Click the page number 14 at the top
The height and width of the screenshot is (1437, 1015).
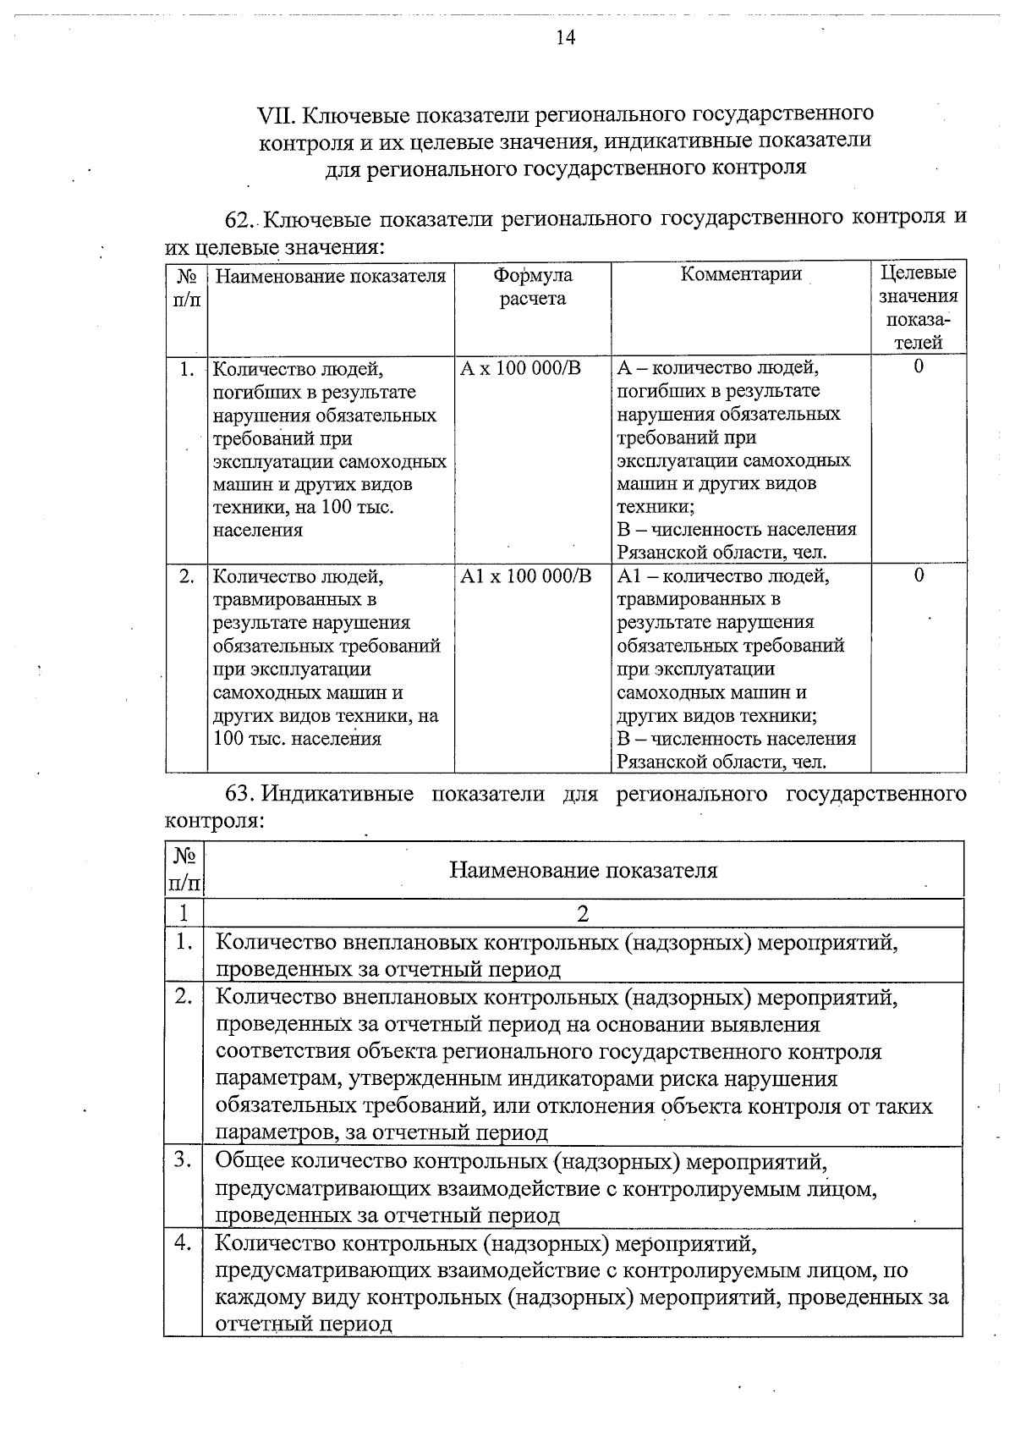(x=566, y=38)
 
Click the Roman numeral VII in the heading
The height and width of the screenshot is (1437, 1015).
(x=277, y=113)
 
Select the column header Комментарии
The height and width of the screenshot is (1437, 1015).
(x=741, y=274)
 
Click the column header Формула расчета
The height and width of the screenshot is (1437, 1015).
(x=532, y=287)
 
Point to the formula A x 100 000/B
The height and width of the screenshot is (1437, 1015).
(x=520, y=368)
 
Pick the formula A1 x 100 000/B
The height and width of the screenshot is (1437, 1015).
(x=526, y=576)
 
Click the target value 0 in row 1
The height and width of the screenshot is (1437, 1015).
(x=919, y=366)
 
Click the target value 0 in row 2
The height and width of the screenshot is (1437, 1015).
(x=919, y=575)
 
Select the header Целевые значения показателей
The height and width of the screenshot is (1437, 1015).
(x=919, y=307)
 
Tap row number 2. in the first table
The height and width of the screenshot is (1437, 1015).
(x=187, y=576)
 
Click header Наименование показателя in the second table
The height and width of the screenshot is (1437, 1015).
(x=583, y=870)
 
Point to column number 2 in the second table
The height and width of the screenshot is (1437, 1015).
(x=583, y=913)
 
